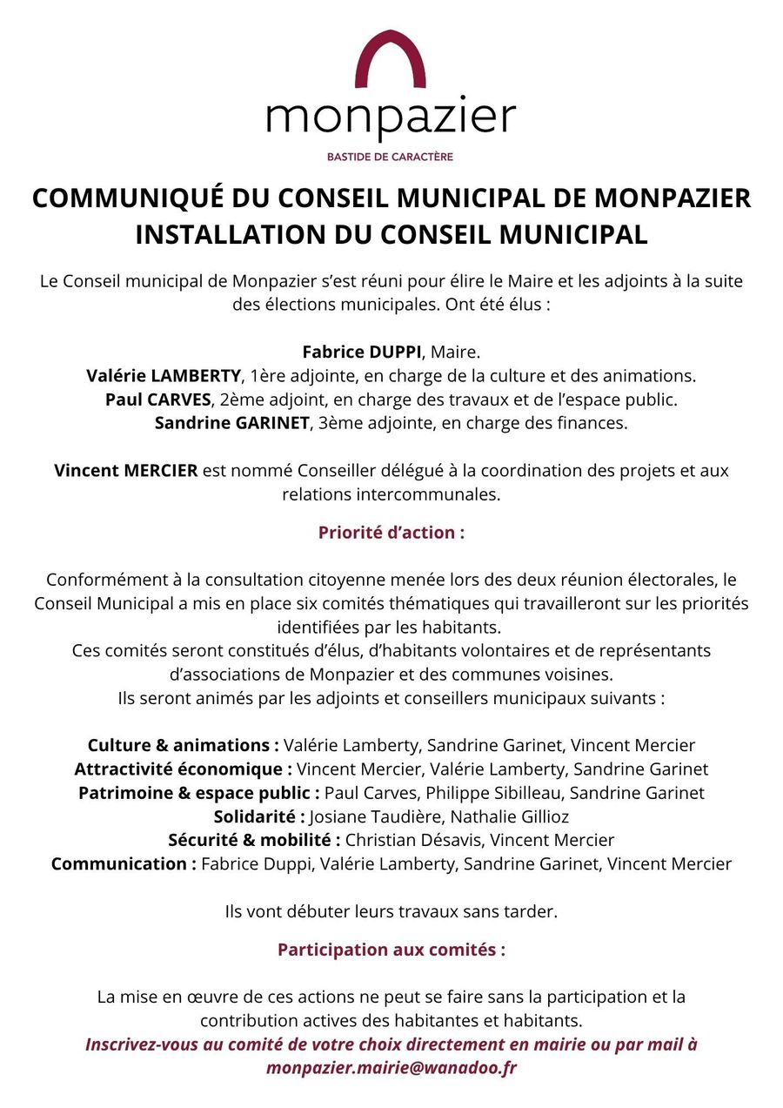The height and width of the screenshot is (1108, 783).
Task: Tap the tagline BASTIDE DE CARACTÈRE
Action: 390,158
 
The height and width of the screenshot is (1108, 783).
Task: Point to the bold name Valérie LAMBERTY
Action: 164,376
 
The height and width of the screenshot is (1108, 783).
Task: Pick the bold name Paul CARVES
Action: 158,400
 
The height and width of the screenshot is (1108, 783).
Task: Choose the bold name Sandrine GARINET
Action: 231,423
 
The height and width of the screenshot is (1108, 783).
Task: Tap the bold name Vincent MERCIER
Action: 126,471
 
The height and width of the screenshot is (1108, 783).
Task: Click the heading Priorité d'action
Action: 391,533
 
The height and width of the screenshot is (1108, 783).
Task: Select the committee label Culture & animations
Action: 183,746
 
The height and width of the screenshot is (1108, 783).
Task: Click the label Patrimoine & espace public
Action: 199,793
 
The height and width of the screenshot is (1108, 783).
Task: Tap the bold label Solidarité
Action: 258,816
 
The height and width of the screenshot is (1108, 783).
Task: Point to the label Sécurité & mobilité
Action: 253,840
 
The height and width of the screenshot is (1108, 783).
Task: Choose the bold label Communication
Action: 123,863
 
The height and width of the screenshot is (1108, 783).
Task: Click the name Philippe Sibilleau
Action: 493,793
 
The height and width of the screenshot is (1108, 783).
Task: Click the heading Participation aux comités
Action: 391,950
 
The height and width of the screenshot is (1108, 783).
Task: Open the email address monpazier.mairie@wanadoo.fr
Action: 391,1068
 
